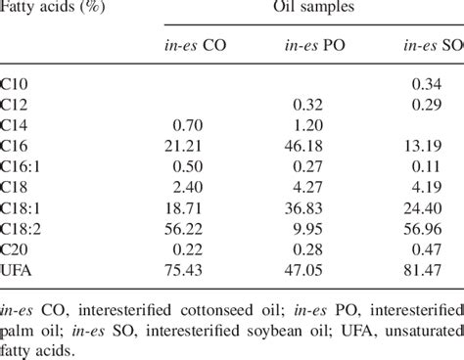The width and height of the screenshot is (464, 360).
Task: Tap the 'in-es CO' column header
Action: [197, 46]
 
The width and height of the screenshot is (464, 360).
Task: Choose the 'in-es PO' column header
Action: [311, 46]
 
